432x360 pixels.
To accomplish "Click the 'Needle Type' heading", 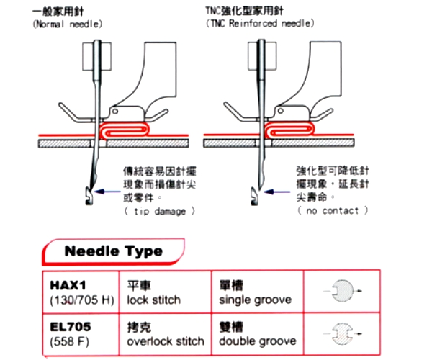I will point(113,251).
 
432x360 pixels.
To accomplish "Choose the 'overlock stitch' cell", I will point(165,333).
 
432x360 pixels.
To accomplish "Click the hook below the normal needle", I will point(87,193).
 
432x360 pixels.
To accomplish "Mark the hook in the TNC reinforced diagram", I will point(254,194).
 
